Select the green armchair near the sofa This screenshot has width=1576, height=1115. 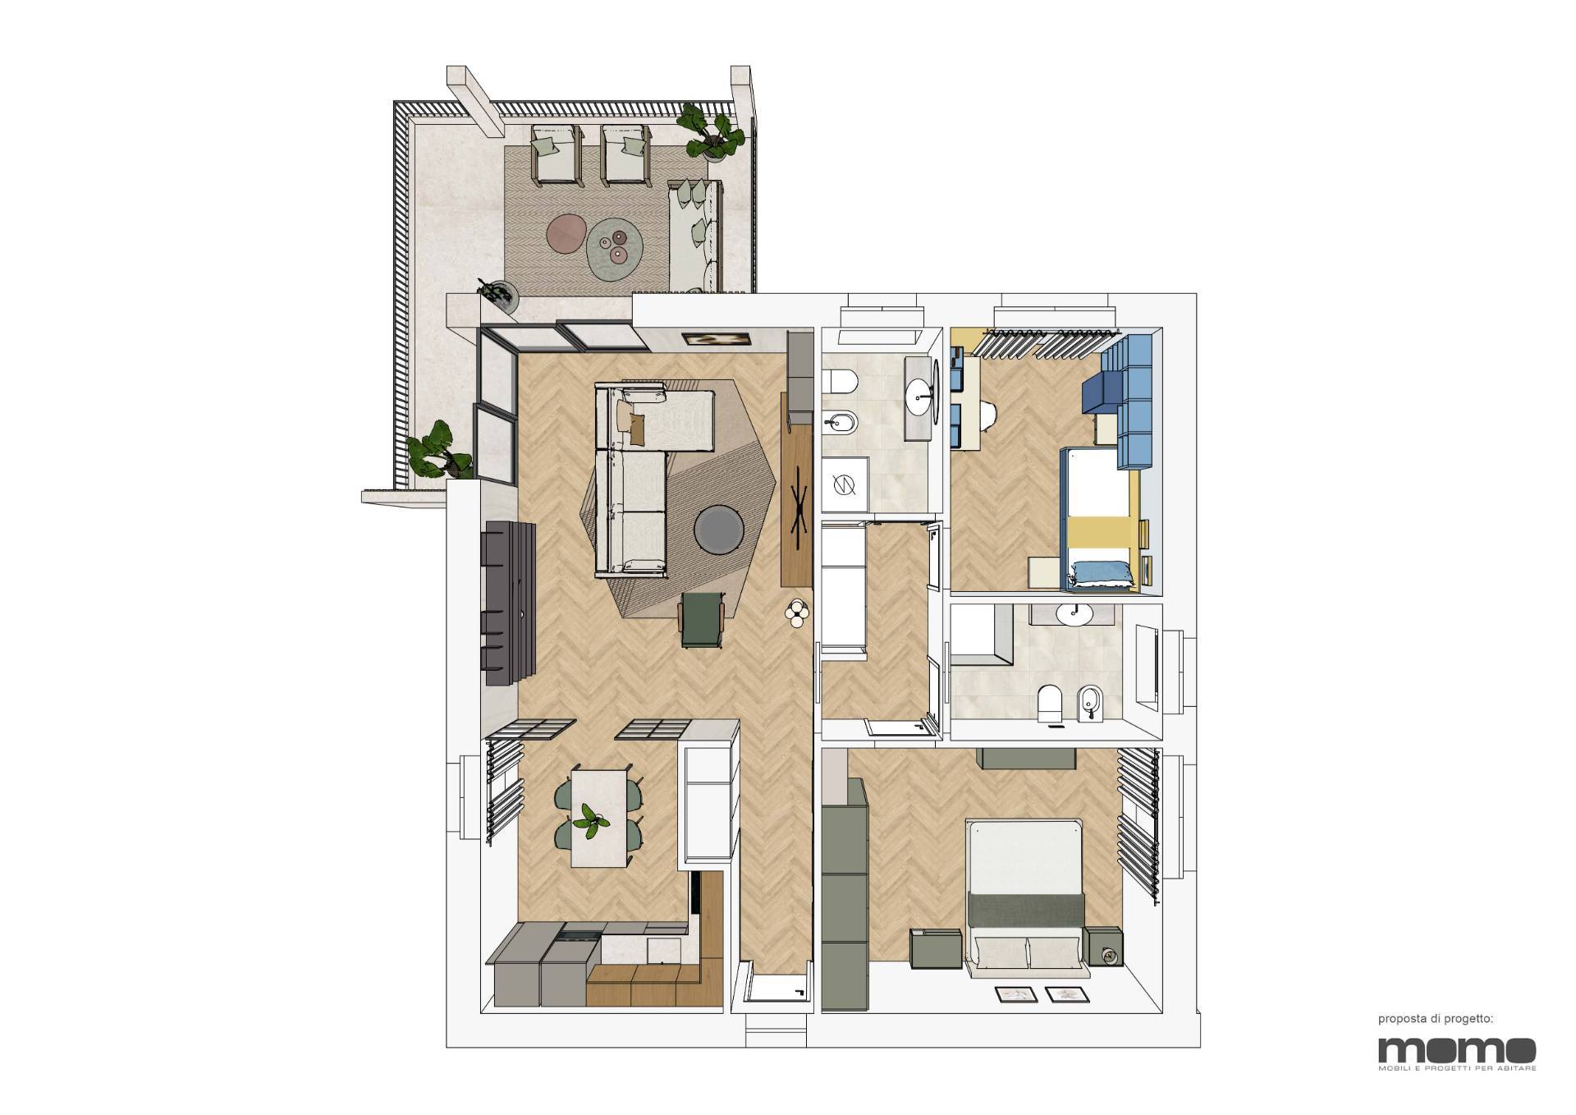(x=703, y=620)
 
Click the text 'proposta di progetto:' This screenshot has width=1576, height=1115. (x=1436, y=1019)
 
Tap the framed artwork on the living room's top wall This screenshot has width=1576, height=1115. (x=715, y=339)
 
